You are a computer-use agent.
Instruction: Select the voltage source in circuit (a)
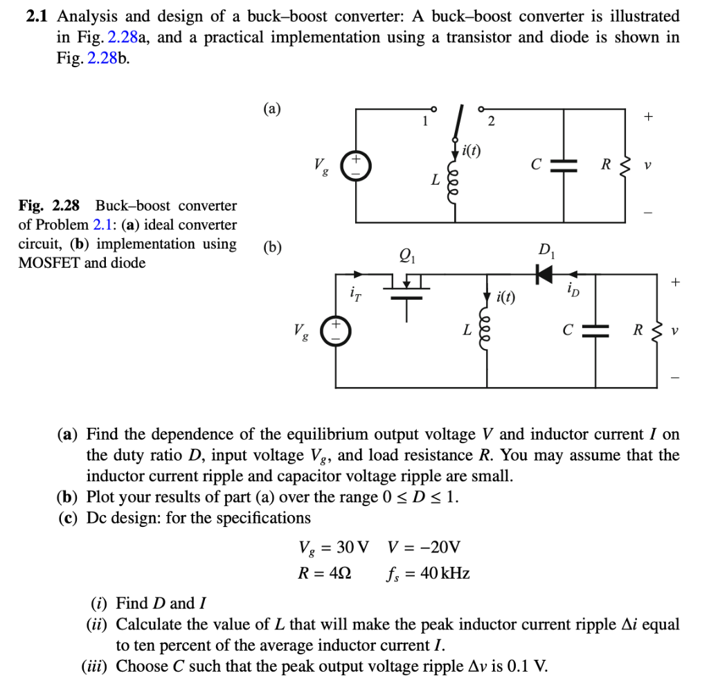358,167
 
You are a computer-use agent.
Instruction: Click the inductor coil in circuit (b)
485,332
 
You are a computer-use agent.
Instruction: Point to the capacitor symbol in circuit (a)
566,165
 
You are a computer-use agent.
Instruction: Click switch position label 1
424,122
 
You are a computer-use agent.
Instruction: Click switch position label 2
491,122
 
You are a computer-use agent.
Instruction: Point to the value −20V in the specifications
424,547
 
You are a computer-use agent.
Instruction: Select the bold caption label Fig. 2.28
49,206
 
